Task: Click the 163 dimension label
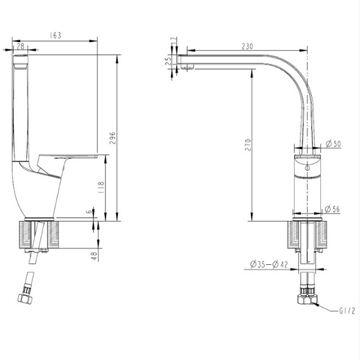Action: [56, 35]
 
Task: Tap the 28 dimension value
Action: [20, 46]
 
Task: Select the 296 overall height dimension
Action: [112, 138]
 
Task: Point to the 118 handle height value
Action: [101, 187]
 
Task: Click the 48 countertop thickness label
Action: [95, 256]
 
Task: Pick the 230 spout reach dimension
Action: [247, 46]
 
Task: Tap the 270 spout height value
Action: [248, 145]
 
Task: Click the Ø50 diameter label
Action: [333, 144]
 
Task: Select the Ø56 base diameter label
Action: [333, 209]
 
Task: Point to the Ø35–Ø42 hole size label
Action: [269, 264]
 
